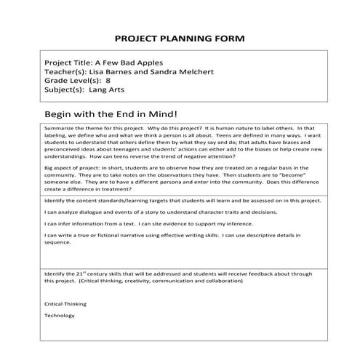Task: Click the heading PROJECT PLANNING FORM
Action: [x=180, y=38]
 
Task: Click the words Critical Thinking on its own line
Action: [x=65, y=303]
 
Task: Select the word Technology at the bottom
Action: [x=60, y=316]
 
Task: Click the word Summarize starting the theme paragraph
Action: [x=60, y=127]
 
